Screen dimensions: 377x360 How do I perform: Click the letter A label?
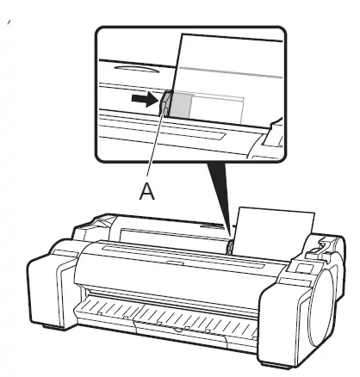pos(148,193)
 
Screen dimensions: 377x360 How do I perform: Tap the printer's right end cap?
pos(312,293)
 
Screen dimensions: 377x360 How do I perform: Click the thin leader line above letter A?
pos(155,151)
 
